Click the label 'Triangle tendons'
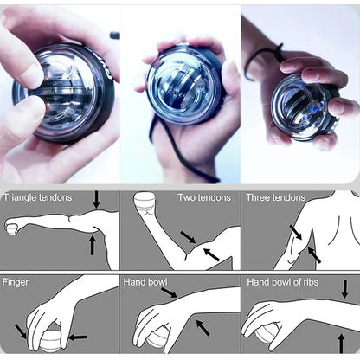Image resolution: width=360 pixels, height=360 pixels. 37,197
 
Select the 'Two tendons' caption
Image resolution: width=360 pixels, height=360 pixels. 204,197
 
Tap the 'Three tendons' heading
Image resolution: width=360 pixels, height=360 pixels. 275,197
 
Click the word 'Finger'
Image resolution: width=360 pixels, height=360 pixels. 16,282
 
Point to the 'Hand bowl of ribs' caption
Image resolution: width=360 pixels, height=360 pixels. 282,282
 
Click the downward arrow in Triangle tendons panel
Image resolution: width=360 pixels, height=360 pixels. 96,200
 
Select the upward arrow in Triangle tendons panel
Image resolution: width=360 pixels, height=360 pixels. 93,245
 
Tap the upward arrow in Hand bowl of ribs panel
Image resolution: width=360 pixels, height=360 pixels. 341,344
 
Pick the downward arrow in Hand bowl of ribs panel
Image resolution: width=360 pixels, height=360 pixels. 344,289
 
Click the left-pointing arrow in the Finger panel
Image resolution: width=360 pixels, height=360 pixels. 77,337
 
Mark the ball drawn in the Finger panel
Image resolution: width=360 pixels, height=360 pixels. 50,342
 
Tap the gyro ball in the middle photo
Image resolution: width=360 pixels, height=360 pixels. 184,85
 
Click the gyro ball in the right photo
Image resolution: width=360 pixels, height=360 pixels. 304,106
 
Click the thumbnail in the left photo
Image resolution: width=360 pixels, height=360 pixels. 33,76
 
